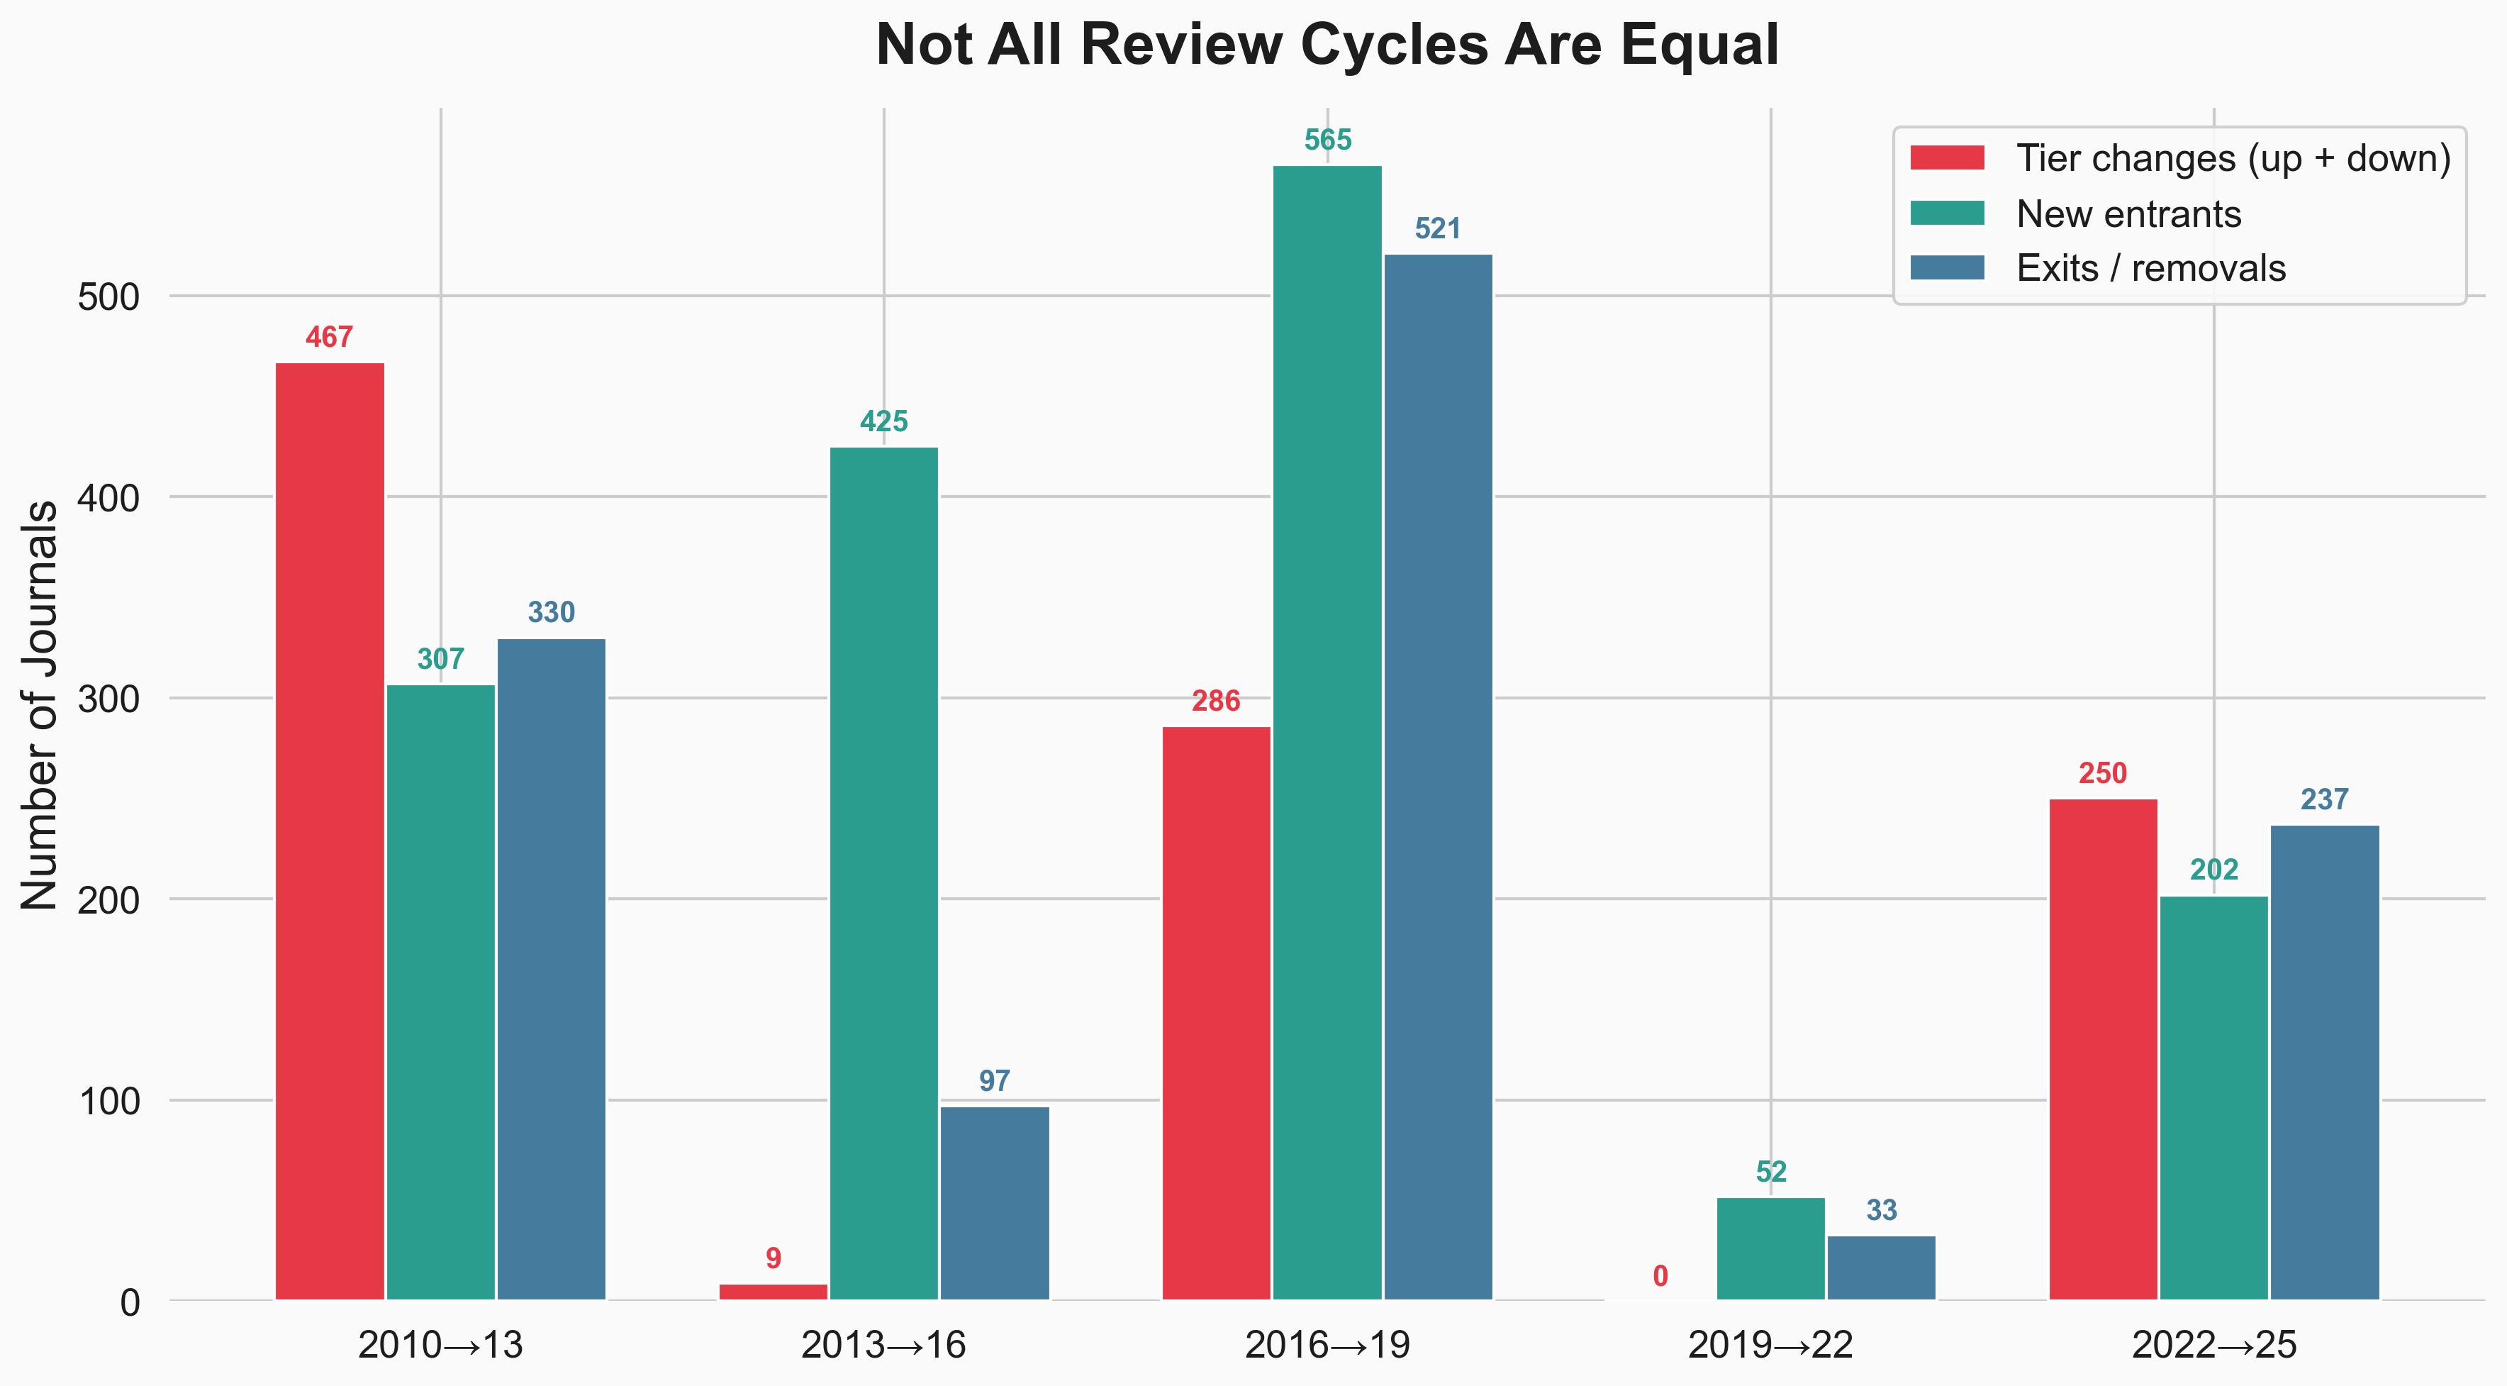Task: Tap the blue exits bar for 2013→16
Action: tap(993, 1202)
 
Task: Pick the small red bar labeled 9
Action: tap(773, 1292)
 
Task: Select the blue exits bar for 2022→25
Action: tap(2324, 1062)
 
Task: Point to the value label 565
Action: tap(1327, 140)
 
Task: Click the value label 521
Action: tap(1437, 228)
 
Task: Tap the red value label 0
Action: tap(1660, 1276)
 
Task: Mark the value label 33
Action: tap(1881, 1210)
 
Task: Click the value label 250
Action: tap(2102, 774)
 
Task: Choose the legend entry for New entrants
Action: tap(2128, 214)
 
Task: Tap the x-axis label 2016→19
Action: tap(1327, 1345)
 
